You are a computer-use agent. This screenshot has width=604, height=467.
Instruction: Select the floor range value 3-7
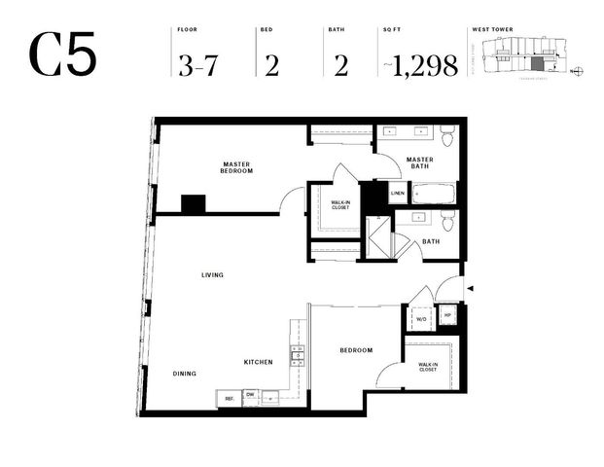coord(199,64)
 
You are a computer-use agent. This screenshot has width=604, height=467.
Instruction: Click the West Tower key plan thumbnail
coord(531,54)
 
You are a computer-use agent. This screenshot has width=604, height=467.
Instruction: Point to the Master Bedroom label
coord(236,167)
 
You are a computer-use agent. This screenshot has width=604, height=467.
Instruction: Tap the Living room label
coord(212,275)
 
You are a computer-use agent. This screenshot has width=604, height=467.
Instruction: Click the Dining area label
coord(185,373)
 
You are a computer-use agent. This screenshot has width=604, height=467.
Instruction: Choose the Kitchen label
coord(258,362)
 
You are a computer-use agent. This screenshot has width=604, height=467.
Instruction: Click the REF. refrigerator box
coord(230,398)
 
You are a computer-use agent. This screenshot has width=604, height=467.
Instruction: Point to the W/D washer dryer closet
coord(422,319)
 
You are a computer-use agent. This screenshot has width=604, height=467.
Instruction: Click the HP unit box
coord(447,316)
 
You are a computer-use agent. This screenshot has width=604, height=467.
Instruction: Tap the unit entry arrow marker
coord(472,289)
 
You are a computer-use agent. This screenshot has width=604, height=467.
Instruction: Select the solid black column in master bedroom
coord(194,204)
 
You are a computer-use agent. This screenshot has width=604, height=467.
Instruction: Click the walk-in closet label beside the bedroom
coord(428,367)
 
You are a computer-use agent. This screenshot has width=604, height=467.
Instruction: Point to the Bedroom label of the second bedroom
coord(356,350)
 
